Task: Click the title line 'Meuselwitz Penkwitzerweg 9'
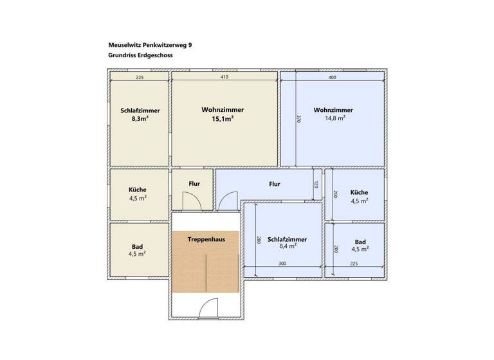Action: pyautogui.click(x=150, y=45)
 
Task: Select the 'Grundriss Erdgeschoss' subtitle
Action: pyautogui.click(x=141, y=55)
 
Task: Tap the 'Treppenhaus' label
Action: pyautogui.click(x=205, y=239)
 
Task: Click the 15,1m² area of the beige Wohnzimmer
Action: pyautogui.click(x=222, y=118)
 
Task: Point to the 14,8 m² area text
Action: pyautogui.click(x=333, y=118)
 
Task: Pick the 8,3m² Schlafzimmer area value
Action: pyautogui.click(x=140, y=119)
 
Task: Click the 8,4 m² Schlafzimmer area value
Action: pyautogui.click(x=287, y=246)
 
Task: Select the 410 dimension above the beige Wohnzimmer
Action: pyautogui.click(x=224, y=77)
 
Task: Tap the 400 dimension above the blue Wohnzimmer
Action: pyautogui.click(x=332, y=77)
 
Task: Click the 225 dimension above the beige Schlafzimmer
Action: pyautogui.click(x=140, y=77)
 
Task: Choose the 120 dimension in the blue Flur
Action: pyautogui.click(x=316, y=184)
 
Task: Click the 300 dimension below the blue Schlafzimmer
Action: pyautogui.click(x=282, y=263)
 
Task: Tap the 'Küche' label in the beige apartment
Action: pyautogui.click(x=138, y=190)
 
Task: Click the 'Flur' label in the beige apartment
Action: pyautogui.click(x=194, y=184)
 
